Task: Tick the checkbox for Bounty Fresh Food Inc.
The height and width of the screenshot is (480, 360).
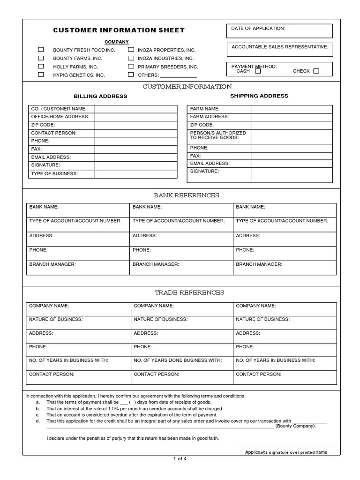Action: tap(41, 50)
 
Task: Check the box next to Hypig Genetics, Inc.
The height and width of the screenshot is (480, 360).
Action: tap(41, 75)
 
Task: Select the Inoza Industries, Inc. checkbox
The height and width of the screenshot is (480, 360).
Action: tap(131, 58)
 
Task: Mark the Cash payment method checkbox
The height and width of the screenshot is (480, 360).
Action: tap(258, 71)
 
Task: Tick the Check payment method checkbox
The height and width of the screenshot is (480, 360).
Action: tap(316, 71)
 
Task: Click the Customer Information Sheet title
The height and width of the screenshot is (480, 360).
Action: tap(119, 30)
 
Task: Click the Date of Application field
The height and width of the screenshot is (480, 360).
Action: tap(279, 31)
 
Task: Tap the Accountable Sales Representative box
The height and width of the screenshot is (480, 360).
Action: tap(279, 50)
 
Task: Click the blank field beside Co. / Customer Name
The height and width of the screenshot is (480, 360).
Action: tap(136, 109)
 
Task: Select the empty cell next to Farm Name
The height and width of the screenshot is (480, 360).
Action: tap(292, 109)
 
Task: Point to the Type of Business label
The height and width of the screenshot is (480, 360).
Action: tap(54, 174)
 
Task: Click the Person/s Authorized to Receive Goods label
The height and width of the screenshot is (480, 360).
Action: tap(218, 135)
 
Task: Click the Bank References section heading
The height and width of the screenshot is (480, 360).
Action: tap(187, 195)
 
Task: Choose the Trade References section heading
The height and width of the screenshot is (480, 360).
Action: tap(189, 292)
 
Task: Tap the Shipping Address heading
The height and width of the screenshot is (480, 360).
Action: tap(259, 96)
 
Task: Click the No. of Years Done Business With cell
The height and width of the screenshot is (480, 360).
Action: tap(178, 360)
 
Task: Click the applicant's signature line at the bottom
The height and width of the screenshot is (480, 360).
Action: tap(286, 446)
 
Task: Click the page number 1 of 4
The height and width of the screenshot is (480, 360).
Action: tap(180, 459)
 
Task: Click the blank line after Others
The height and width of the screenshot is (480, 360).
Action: tap(179, 75)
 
